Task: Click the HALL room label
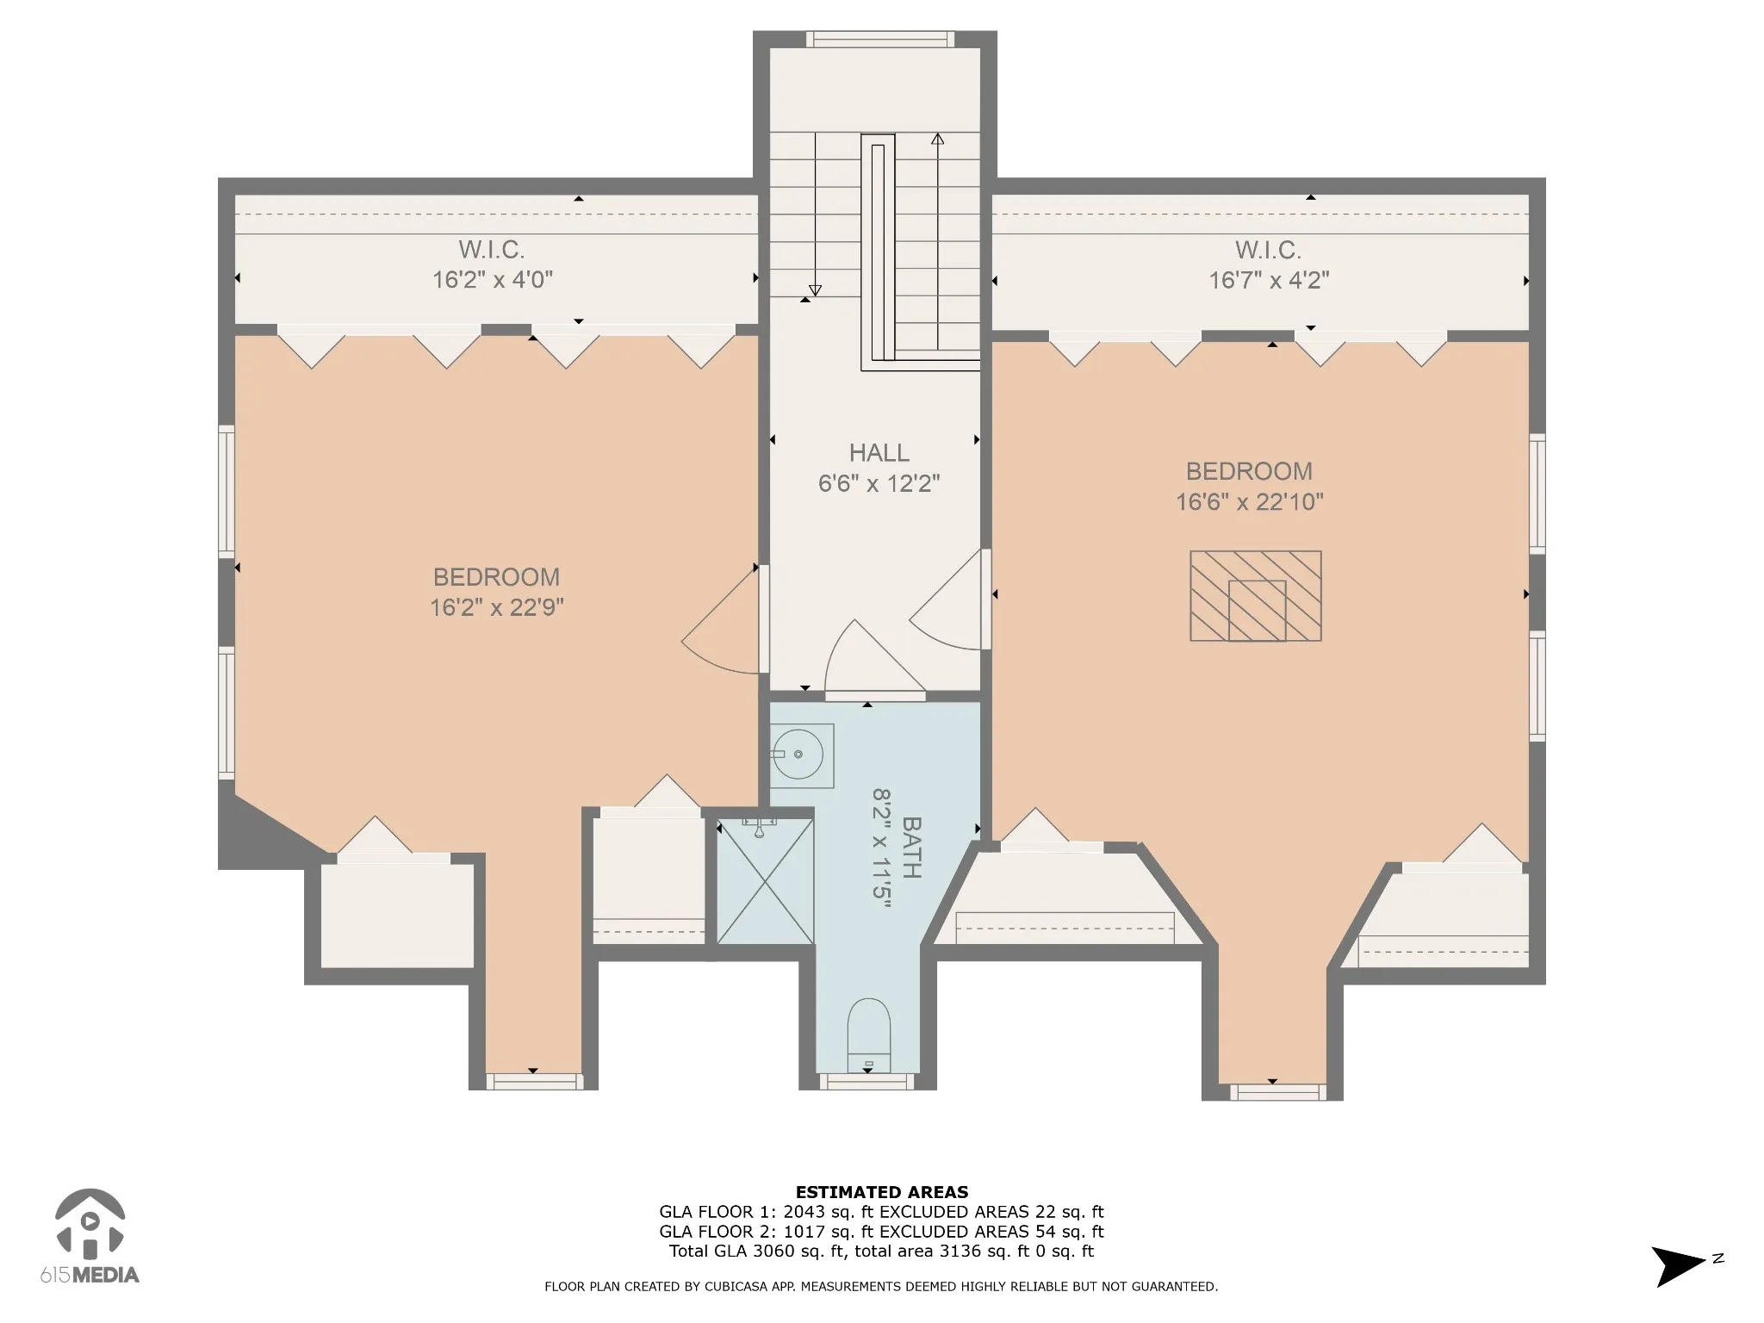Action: click(879, 452)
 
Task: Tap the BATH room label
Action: click(910, 848)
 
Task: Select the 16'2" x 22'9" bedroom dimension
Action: click(497, 607)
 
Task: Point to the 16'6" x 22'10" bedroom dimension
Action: click(1250, 501)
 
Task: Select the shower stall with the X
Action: click(765, 880)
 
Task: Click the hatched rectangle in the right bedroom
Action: click(1256, 596)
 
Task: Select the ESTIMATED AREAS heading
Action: click(882, 1192)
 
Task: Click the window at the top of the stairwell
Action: click(880, 39)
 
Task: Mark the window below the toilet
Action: click(867, 1082)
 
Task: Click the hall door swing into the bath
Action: click(875, 658)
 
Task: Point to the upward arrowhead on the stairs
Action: click(937, 138)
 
